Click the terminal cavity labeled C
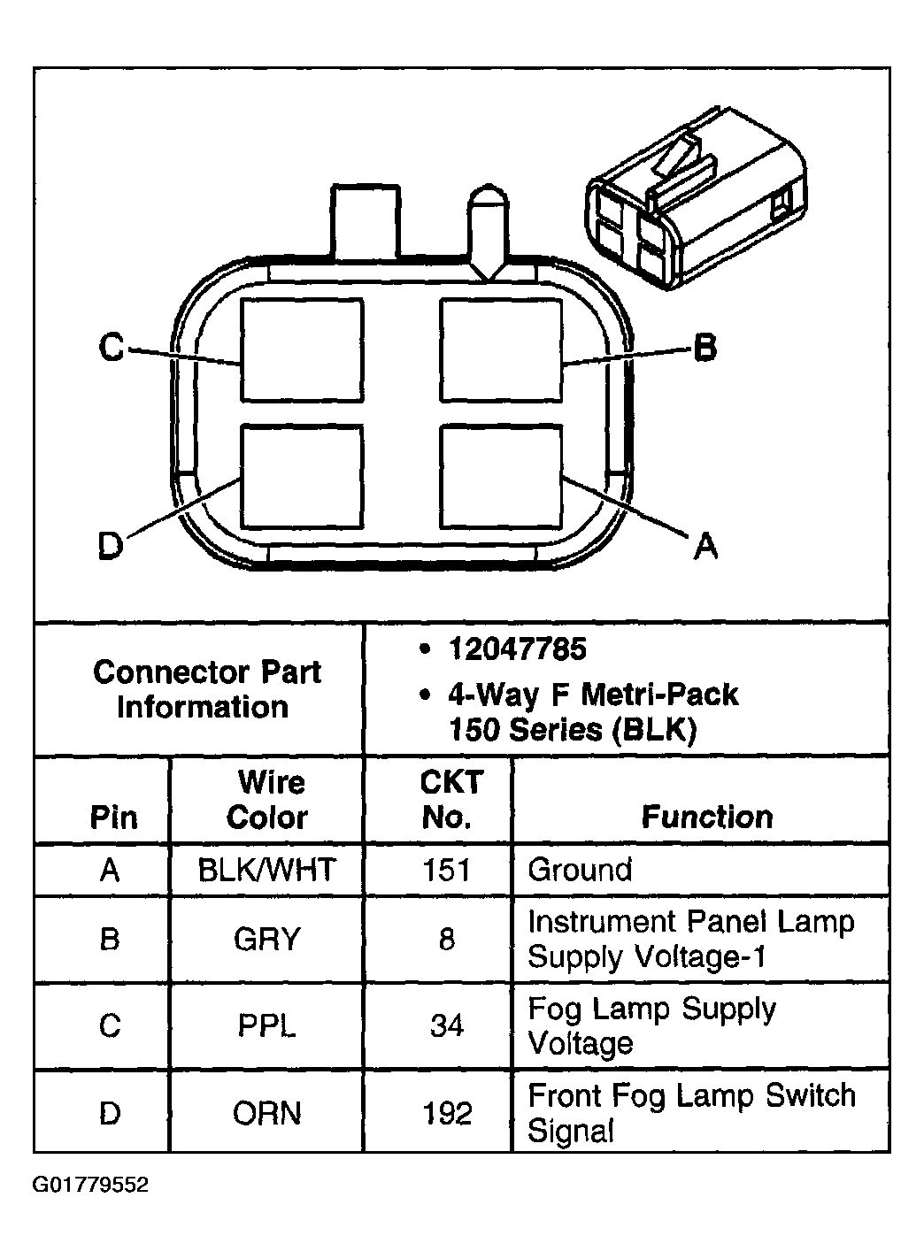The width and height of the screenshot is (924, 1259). (x=302, y=349)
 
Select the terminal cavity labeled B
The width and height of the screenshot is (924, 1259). (x=501, y=349)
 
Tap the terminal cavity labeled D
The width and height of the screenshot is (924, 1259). (x=302, y=476)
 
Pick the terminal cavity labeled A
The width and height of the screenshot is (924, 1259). (x=501, y=476)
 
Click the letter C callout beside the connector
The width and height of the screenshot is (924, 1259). (x=112, y=347)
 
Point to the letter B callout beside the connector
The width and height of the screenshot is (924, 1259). (x=704, y=347)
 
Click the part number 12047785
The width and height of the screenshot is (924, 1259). (x=517, y=649)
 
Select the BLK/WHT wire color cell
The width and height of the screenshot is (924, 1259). (x=266, y=870)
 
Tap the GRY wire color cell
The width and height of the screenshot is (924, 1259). (x=266, y=939)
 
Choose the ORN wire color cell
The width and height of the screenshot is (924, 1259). (x=266, y=1112)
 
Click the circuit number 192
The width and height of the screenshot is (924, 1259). (x=447, y=1112)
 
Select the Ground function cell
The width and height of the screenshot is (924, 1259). (x=580, y=870)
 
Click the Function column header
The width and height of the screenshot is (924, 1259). (x=706, y=816)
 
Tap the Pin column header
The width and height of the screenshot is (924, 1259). (x=113, y=817)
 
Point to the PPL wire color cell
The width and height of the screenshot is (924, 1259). (x=266, y=1025)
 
